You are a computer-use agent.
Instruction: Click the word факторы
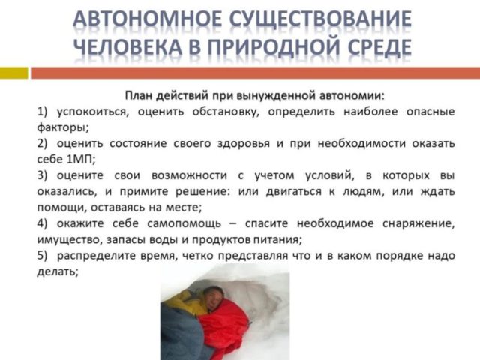click(x=63, y=127)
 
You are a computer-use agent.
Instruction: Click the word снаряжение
click(x=418, y=223)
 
